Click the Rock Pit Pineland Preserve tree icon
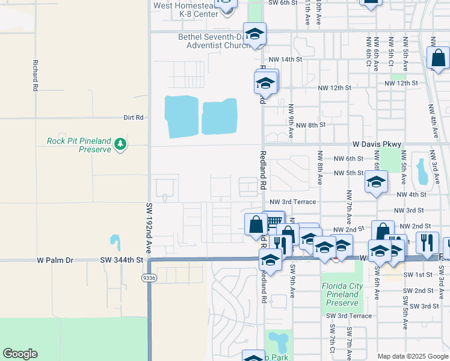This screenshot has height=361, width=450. click(121, 144)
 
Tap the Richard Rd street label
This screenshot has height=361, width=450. click(36, 75)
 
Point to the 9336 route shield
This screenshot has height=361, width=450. click(149, 278)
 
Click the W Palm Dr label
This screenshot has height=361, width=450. click(55, 261)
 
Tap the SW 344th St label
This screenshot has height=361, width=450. click(123, 261)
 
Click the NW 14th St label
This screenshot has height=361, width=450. click(285, 60)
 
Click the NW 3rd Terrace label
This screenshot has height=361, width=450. click(292, 203)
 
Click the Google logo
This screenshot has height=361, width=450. click(20, 354)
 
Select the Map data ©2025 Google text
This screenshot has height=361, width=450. click(412, 356)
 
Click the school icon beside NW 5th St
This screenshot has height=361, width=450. click(376, 182)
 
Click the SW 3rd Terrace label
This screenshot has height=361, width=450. click(349, 316)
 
